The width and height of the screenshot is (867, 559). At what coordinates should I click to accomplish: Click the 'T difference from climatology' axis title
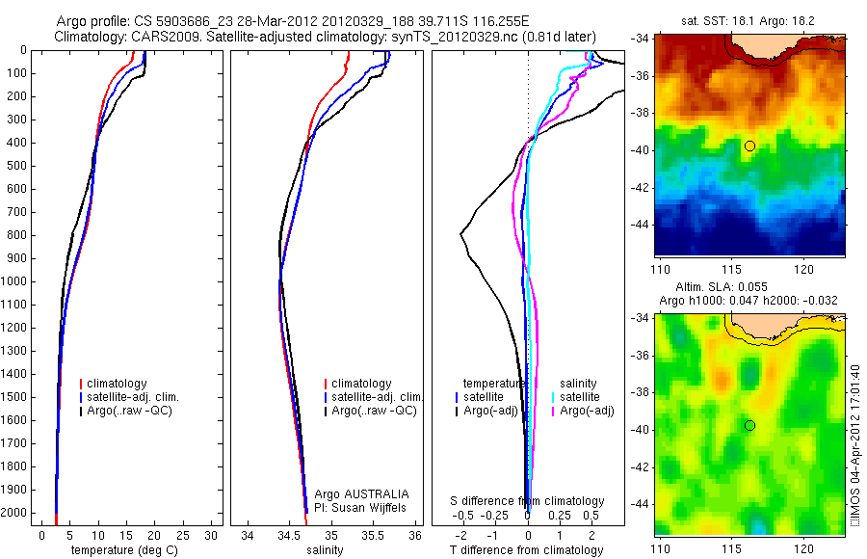coord(526,550)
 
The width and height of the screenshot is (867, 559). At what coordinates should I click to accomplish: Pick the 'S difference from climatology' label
coord(528,501)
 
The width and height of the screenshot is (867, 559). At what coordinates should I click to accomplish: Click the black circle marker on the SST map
coord(749,146)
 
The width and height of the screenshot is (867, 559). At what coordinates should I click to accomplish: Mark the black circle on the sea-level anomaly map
coord(749,425)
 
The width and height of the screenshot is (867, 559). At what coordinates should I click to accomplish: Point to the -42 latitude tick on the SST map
coord(639,186)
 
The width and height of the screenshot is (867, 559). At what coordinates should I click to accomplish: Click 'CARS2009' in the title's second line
coord(158,36)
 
